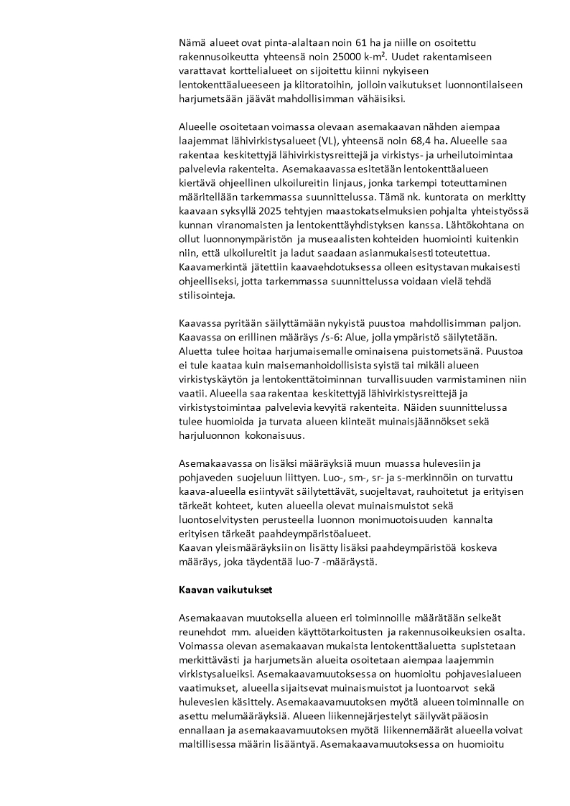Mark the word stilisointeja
click(x=207, y=295)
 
